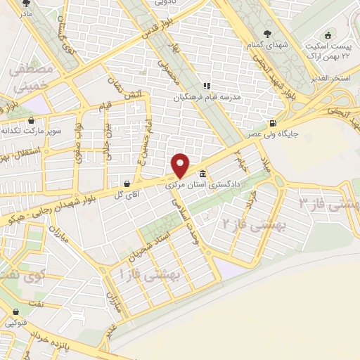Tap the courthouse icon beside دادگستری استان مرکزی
tap(202, 174)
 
